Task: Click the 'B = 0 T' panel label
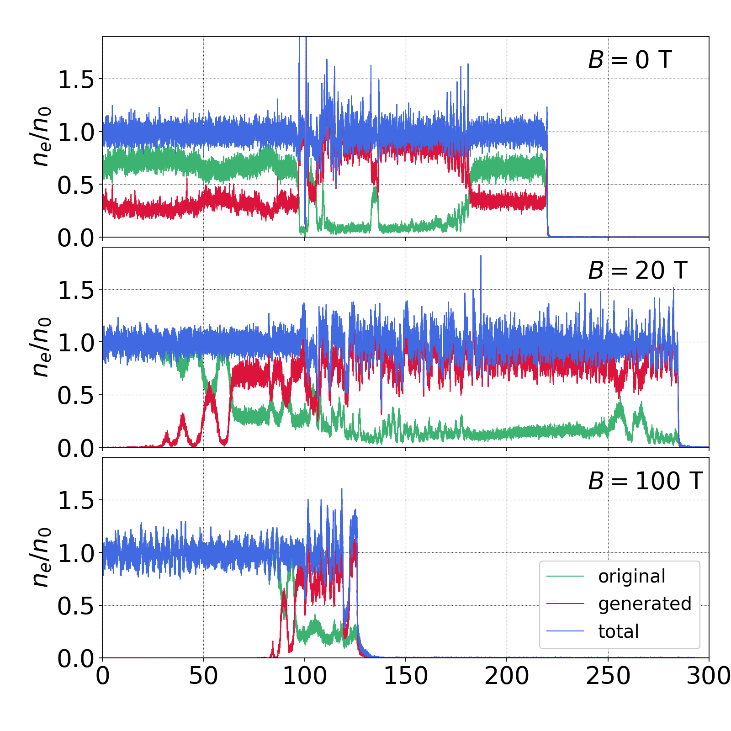coord(630,60)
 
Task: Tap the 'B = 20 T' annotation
coord(637,270)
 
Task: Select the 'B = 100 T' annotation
coord(645,481)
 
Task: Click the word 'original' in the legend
coord(632,577)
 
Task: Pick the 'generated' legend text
coord(645,604)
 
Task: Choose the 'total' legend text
coord(619,631)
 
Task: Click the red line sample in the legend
coord(565,604)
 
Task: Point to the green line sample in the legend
coord(565,577)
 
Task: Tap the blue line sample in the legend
coord(565,631)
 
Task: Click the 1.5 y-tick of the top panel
coord(75,79)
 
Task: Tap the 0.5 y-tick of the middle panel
coord(75,396)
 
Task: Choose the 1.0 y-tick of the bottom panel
coord(75,553)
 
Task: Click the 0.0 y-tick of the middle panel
coord(75,448)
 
